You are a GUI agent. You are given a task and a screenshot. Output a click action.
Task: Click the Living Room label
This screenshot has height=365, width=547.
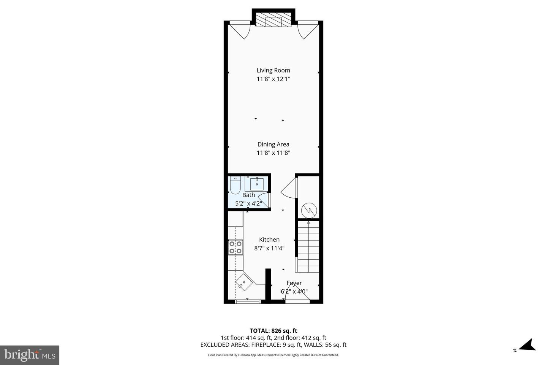[x=273, y=70]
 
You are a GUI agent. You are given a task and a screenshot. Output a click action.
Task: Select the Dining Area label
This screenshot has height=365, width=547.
[x=273, y=144]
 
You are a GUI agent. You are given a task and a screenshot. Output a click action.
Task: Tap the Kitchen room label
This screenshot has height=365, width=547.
[x=269, y=240]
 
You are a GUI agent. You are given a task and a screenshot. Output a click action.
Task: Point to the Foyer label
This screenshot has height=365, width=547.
[x=294, y=283]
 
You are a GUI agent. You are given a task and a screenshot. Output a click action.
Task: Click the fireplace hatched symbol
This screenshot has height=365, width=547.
[x=273, y=21]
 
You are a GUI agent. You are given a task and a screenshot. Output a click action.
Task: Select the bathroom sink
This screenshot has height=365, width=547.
[x=256, y=184]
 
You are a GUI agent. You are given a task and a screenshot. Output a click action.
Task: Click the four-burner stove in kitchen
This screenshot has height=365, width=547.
[x=236, y=247]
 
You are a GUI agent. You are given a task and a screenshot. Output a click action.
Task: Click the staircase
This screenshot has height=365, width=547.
[x=308, y=247]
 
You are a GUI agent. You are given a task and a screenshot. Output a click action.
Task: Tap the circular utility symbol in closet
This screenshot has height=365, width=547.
[x=308, y=209]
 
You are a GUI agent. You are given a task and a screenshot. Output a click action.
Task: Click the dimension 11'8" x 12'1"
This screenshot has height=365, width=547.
[x=273, y=79]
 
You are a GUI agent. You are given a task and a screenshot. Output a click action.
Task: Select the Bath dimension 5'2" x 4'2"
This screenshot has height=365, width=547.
[x=248, y=203]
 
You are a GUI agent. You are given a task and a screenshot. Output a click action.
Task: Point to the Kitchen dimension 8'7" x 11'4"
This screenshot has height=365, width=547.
[x=269, y=248]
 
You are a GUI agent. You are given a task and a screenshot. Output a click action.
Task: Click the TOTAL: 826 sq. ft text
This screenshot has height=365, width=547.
[x=273, y=331]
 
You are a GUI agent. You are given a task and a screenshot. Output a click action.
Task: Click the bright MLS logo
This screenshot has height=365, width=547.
[x=30, y=355]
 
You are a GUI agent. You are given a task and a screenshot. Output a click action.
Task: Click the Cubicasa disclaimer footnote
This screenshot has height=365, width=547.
[x=273, y=355]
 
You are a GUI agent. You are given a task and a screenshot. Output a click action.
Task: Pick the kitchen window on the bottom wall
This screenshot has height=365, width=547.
[x=248, y=302]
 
